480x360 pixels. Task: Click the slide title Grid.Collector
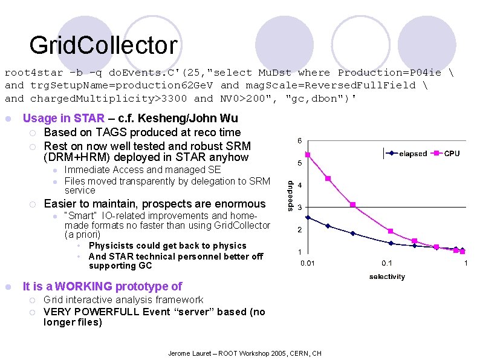tap(103, 45)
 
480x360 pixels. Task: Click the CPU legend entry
tap(452, 154)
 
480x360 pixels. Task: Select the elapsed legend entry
tap(413, 154)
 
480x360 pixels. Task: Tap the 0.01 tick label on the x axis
tap(308, 263)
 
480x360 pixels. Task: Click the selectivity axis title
tap(387, 277)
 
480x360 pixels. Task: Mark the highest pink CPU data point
tap(308, 155)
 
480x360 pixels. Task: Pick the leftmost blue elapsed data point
tap(308, 218)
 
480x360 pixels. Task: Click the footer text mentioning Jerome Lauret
tap(244, 353)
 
